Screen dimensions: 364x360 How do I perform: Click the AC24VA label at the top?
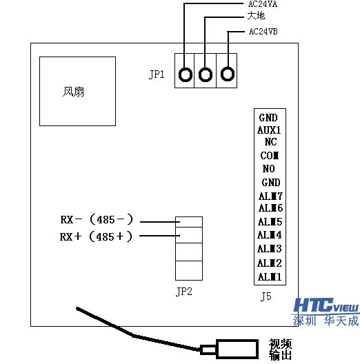pos(262,4)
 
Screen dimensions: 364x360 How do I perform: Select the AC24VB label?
pos(262,32)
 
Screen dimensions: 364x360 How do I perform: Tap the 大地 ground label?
pos(256,15)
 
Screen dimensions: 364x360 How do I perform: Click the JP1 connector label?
pos(157,74)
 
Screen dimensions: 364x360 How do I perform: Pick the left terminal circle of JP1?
pos(185,74)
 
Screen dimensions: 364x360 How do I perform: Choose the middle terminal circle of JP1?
pos(206,74)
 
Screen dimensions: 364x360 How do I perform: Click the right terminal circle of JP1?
pos(227,74)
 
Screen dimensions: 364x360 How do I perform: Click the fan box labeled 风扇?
pos(77,91)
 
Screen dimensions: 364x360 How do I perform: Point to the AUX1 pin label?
pos(269,130)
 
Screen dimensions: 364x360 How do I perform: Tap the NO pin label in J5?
pos(269,169)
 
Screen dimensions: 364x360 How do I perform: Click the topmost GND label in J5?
pos(268,118)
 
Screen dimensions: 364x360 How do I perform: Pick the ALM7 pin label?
pos(270,196)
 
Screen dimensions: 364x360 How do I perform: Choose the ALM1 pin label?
pos(270,276)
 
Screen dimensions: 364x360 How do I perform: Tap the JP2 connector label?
pos(184,291)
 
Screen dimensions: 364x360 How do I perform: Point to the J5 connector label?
pos(266,297)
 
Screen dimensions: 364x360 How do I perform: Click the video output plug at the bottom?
pos(233,349)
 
